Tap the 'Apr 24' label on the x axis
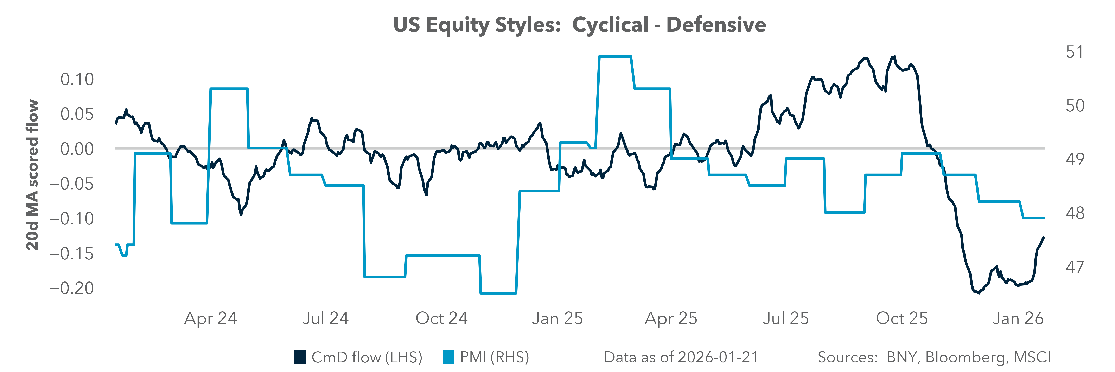coord(211,318)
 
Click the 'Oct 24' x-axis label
coord(441,318)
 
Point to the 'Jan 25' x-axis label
coord(557,318)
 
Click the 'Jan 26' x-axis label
coord(1018,318)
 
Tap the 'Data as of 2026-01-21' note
coord(681,357)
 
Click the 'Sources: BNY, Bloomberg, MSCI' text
coord(934,357)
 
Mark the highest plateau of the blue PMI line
coord(615,56)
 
